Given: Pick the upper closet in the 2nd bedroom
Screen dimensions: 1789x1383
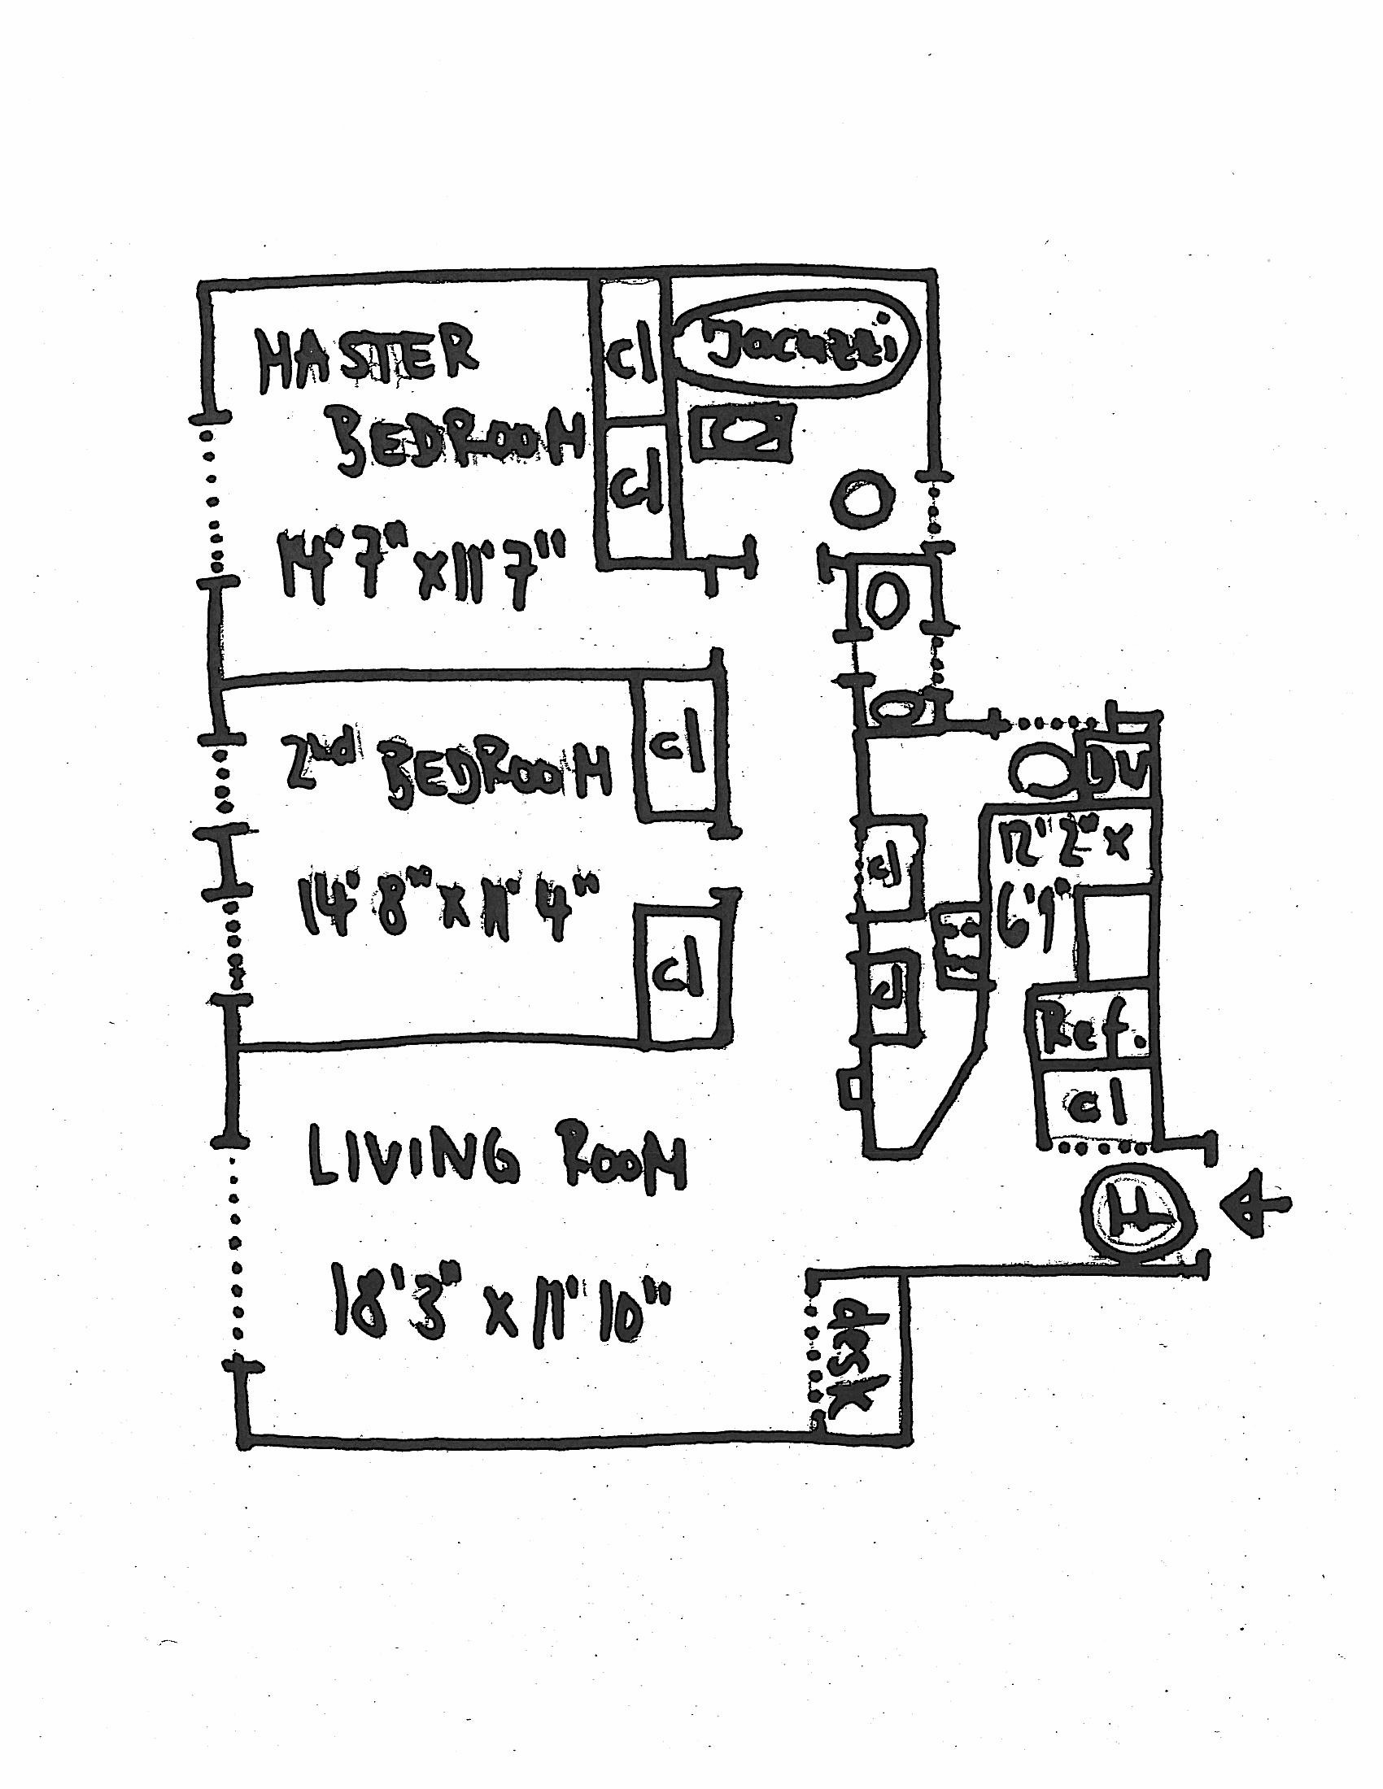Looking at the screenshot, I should [681, 745].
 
